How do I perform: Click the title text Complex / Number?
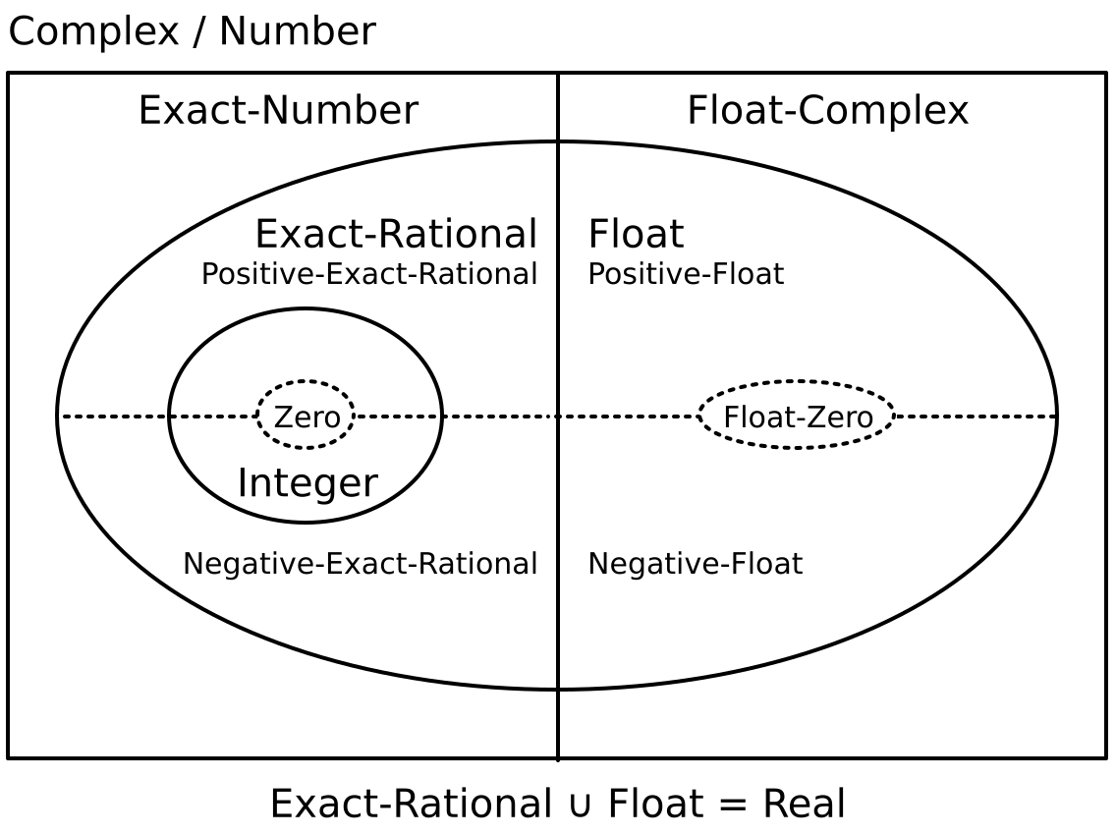[x=192, y=32]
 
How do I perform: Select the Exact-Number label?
[x=278, y=110]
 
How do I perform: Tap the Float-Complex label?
[x=827, y=110]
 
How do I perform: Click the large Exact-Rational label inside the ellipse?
[x=396, y=235]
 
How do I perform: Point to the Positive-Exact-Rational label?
[x=369, y=274]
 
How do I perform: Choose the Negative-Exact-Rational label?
[x=361, y=564]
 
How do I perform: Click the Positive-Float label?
[x=686, y=274]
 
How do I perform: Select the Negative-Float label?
[x=695, y=564]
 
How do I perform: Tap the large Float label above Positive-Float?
[x=636, y=235]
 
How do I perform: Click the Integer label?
[x=307, y=483]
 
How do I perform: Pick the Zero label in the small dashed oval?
[x=307, y=417]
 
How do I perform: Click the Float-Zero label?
[x=798, y=417]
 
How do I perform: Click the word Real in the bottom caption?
[x=804, y=804]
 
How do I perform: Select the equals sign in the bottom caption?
[x=728, y=805]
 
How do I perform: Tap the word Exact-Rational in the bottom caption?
[x=411, y=804]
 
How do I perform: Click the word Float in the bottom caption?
[x=651, y=804]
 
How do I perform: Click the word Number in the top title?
[x=297, y=32]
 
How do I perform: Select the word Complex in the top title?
[x=94, y=32]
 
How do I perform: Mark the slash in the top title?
[x=200, y=32]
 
